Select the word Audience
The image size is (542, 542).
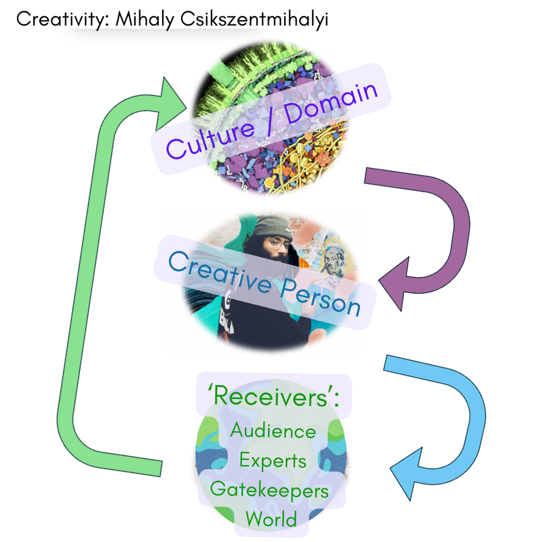click(273, 431)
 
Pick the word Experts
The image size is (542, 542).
click(273, 461)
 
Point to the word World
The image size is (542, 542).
click(271, 519)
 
